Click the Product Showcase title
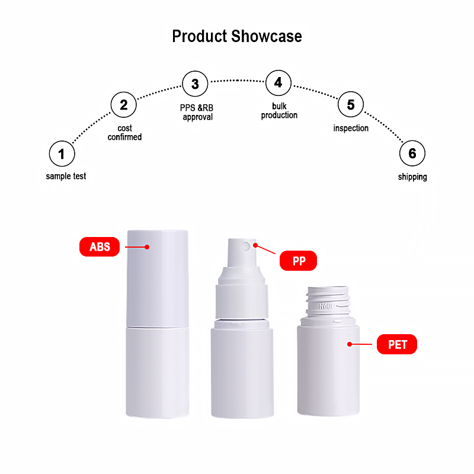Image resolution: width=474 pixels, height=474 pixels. coord(237,36)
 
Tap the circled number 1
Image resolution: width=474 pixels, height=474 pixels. coord(62,155)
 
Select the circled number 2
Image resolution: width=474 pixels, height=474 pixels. coord(124,105)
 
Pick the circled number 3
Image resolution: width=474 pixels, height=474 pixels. coord(195,84)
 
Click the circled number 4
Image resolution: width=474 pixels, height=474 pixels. coord(278,83)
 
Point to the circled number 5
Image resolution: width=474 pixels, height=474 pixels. coord(351,105)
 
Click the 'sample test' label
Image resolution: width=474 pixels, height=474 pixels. coord(66,176)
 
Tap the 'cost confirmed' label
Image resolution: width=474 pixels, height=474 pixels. coord(124,133)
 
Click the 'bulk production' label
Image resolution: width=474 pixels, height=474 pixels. coord(279,111)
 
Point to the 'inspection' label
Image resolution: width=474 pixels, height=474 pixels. coord(351,128)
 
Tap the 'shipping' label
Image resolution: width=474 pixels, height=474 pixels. coord(412,177)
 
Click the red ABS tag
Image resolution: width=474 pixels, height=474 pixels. coord(100,246)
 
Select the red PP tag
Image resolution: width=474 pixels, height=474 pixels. coord(299,261)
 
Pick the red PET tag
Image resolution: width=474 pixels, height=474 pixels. coord(397,344)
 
